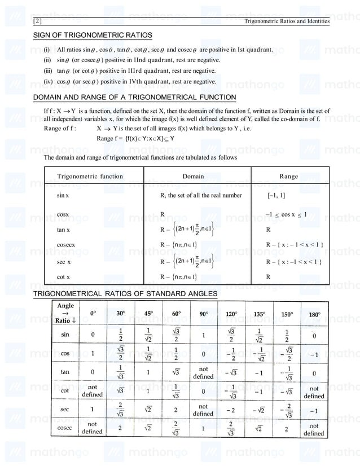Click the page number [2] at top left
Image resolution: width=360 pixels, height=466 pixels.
click(x=38, y=21)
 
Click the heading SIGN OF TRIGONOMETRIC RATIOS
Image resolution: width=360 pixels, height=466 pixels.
click(x=93, y=36)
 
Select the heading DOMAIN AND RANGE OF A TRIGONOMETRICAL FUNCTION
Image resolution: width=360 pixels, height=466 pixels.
click(x=134, y=97)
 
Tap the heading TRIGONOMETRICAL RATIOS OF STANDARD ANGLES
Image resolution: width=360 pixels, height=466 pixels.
click(x=125, y=294)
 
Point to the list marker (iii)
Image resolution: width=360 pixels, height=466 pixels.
click(x=48, y=71)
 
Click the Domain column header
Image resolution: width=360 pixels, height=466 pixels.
click(x=193, y=177)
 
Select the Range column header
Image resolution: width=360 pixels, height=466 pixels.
click(x=288, y=177)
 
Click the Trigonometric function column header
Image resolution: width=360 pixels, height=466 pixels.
click(x=90, y=177)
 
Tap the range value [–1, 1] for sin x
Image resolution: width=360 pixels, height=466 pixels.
click(x=276, y=196)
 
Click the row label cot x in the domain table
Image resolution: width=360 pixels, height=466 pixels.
click(x=63, y=277)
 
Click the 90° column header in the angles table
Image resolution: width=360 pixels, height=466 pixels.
click(x=203, y=314)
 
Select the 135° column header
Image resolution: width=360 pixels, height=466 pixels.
click(x=259, y=314)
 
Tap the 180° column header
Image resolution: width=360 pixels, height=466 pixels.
click(x=314, y=314)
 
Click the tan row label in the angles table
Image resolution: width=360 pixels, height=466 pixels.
click(x=65, y=372)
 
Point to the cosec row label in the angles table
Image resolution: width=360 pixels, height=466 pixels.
click(x=65, y=427)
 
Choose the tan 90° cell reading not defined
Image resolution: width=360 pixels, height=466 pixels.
click(x=203, y=373)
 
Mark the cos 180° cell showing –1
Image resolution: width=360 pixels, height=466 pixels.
click(x=314, y=354)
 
